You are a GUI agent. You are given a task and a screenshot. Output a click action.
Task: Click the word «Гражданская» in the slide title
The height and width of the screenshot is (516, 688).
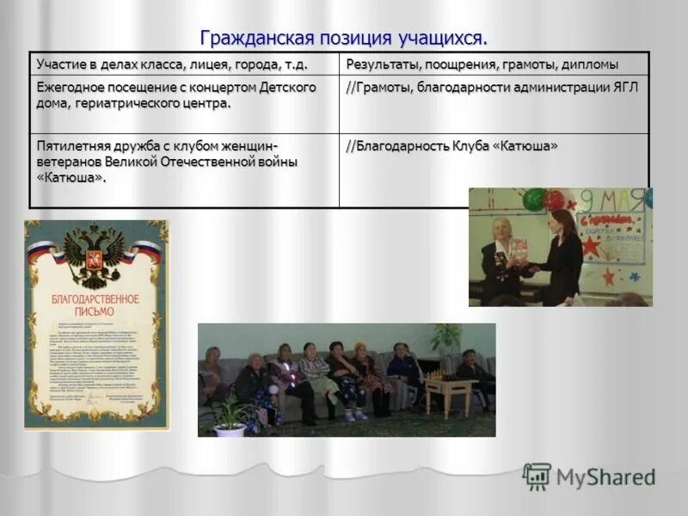250,39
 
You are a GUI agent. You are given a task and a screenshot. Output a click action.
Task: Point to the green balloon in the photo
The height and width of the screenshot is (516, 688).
534,200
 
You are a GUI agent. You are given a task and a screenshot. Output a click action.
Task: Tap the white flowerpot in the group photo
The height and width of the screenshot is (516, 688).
230,428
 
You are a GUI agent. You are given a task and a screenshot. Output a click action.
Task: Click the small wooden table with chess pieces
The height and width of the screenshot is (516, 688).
446,386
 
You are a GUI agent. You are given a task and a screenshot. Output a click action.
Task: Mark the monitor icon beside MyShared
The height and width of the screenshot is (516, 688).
537,476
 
